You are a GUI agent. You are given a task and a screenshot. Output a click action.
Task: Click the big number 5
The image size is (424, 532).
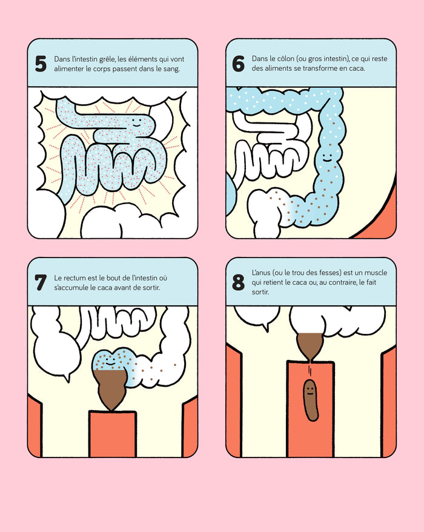(41, 64)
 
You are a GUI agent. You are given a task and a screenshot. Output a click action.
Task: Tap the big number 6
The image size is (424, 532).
(238, 64)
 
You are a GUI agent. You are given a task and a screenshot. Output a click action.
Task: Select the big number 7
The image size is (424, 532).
(41, 282)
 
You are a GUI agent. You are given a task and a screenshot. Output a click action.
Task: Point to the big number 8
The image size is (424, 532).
(238, 282)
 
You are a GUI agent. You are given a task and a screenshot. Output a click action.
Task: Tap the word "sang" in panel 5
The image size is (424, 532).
(171, 69)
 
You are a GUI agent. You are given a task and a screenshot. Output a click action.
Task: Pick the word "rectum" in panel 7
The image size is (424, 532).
(75, 278)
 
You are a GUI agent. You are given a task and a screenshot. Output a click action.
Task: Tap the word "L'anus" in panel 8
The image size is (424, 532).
(260, 273)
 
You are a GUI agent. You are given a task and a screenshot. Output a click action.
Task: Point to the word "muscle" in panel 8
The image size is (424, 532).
(376, 273)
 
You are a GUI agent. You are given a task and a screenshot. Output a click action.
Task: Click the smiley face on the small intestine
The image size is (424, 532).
(136, 122)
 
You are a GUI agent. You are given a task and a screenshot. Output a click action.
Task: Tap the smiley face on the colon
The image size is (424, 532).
(327, 158)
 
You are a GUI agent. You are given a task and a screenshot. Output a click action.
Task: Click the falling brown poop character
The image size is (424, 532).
(310, 401)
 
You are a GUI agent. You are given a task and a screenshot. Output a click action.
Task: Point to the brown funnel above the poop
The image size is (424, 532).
(310, 345)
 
